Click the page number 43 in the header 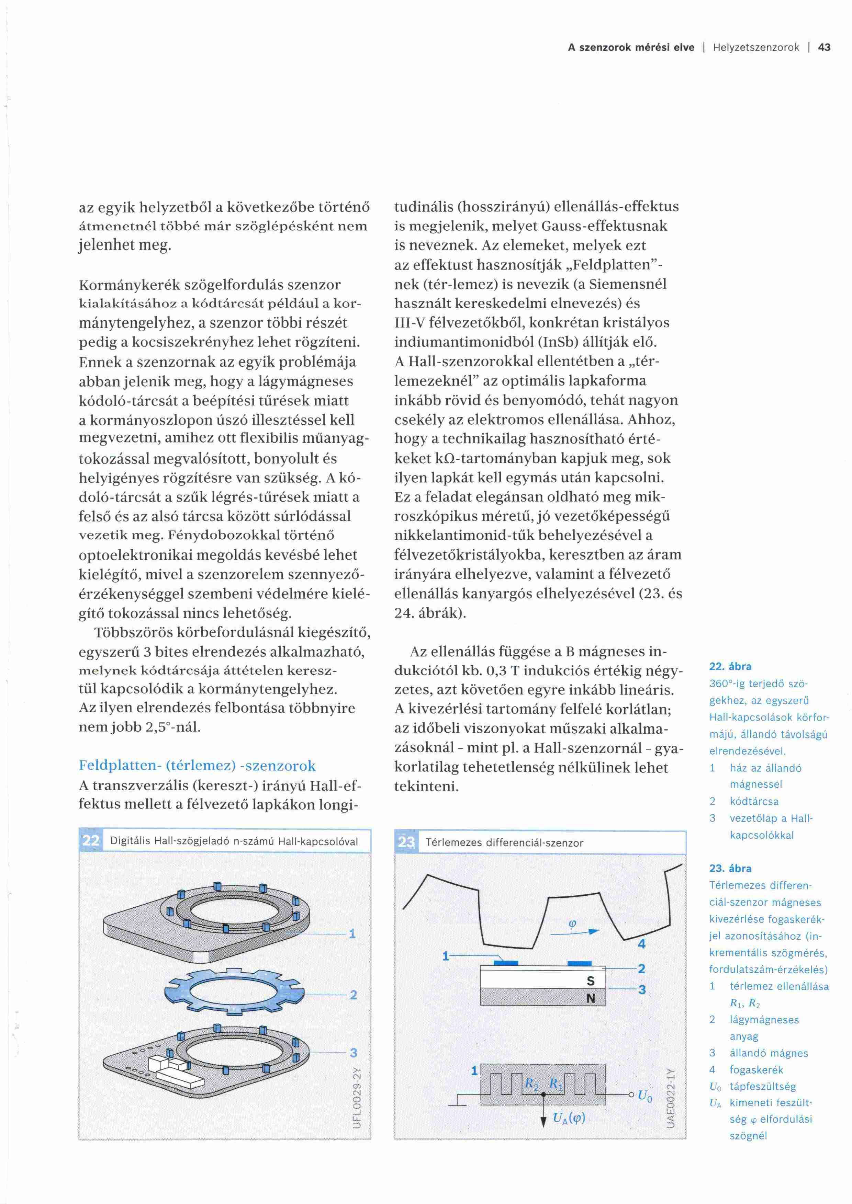click(x=824, y=48)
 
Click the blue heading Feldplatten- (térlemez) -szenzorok click(x=197, y=765)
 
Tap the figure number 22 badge click(x=91, y=841)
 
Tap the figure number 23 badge click(x=406, y=842)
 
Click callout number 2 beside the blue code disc click(x=354, y=995)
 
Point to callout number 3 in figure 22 click(x=354, y=1053)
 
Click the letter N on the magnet click(x=590, y=998)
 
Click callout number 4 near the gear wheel click(x=641, y=944)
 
